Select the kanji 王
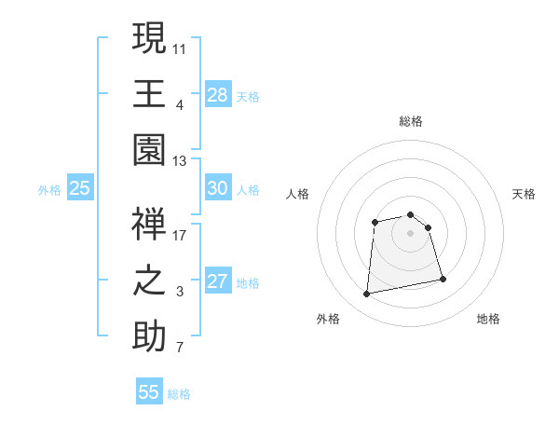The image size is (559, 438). point(149,94)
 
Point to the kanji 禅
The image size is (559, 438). point(149,224)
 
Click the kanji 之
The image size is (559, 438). point(149,281)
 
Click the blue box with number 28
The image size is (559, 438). point(218,94)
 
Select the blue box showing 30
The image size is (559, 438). point(218,188)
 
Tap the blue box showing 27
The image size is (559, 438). point(218,281)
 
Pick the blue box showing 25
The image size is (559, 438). point(80,188)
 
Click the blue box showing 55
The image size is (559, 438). point(149,392)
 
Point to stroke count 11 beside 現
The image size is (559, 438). point(181,48)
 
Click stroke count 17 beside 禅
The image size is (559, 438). point(181,235)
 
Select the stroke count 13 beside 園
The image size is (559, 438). point(181,161)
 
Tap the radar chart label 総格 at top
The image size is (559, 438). point(410,121)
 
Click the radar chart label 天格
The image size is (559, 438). point(524,194)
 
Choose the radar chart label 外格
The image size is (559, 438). point(328,319)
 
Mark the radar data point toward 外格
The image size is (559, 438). point(367,294)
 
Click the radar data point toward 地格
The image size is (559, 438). point(443,279)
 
